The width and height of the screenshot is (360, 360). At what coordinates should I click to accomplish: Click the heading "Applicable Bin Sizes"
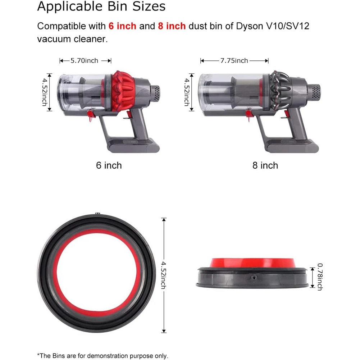tap(101, 6)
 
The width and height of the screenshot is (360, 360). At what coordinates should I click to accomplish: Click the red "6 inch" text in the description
tap(122, 26)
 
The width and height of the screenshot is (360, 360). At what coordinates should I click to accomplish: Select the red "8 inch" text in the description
tap(172, 26)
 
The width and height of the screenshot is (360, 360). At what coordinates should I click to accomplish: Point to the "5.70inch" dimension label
tap(84, 61)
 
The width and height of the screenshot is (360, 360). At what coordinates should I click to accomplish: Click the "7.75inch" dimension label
tap(234, 61)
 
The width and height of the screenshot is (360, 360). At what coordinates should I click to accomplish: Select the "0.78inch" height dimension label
tap(320, 277)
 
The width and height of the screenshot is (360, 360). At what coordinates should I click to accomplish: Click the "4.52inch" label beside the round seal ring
tap(164, 275)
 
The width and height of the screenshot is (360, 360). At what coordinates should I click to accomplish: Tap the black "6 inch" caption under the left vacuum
tap(109, 165)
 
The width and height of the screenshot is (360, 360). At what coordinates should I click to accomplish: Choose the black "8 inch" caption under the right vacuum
tap(265, 165)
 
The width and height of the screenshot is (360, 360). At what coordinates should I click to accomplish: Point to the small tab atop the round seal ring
tap(97, 214)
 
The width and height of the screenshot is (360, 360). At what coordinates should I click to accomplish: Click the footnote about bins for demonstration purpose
tap(102, 356)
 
